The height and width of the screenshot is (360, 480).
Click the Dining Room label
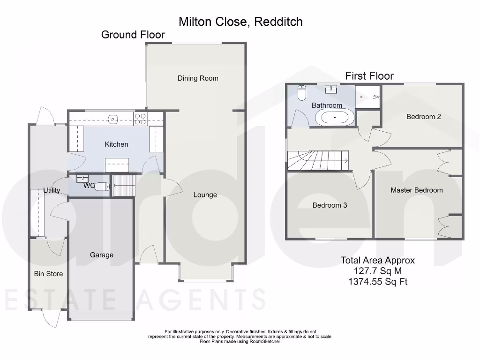click(198, 78)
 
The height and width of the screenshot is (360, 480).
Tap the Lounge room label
click(205, 195)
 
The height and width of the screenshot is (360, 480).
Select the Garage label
click(102, 255)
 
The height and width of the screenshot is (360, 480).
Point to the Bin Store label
click(48, 274)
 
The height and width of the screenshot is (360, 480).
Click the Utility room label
click(52, 190)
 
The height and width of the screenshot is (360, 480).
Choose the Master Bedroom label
click(417, 190)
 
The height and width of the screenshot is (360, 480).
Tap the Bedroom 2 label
click(423, 117)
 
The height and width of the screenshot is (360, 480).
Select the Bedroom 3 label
click(330, 205)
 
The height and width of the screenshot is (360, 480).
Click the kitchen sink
click(113, 119)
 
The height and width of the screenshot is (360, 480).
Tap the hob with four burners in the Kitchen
click(140, 119)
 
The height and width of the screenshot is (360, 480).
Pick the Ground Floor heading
click(133, 35)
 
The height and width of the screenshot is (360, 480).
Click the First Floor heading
click(369, 76)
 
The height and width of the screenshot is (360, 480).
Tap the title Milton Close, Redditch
click(240, 22)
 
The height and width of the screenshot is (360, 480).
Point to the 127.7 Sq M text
click(378, 271)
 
